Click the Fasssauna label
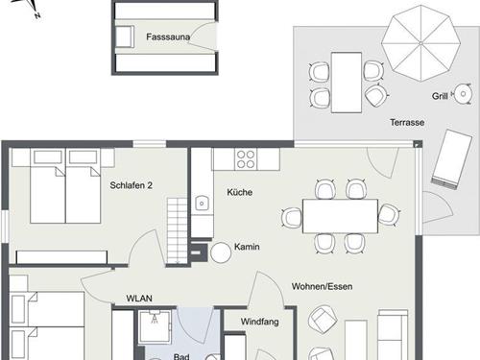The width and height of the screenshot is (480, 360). point(168,36)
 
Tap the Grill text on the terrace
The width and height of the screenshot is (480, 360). point(440,96)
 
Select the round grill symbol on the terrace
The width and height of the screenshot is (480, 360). point(463,94)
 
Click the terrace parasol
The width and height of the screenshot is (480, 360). point(420,43)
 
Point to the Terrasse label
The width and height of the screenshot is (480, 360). point(407,122)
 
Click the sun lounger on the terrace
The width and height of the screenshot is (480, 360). point(451,159)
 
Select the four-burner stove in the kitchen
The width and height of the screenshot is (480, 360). point(246,159)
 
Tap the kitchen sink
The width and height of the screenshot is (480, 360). point(202,204)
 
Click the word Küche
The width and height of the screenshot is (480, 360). point(240,192)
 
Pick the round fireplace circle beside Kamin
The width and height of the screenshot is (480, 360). point(221,252)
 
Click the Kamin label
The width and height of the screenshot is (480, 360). point(247,247)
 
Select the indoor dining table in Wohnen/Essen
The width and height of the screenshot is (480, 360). point(340,216)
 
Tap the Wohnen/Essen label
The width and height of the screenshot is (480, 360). point(322,286)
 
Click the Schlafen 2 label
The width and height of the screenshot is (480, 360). point(131,185)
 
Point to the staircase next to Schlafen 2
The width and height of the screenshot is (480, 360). point(177,231)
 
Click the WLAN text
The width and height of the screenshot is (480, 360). point(139,299)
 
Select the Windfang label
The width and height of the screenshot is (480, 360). point(259,322)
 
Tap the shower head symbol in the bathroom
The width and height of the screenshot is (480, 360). point(155,318)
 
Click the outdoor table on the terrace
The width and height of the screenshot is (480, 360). point(347,83)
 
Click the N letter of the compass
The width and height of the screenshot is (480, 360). point(37,15)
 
